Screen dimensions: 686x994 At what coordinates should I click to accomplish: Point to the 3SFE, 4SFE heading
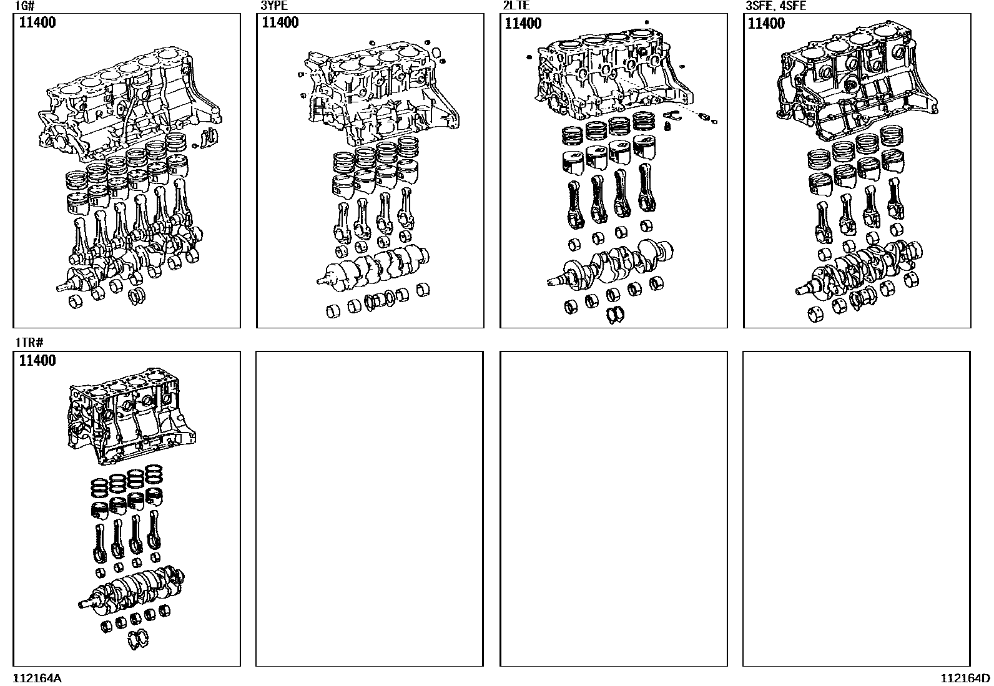coord(775,7)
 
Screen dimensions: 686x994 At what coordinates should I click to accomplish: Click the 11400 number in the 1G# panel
coord(37,24)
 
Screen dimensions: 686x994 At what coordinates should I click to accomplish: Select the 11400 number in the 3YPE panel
coord(280,23)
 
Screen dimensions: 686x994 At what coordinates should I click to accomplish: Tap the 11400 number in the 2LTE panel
coord(523,24)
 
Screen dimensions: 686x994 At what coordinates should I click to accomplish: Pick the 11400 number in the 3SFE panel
coord(766,24)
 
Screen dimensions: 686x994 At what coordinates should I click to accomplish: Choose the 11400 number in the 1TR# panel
coord(37,361)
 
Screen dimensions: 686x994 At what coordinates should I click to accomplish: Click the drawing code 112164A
coord(37,679)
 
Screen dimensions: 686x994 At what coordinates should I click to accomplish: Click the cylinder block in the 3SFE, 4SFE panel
coord(859,81)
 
